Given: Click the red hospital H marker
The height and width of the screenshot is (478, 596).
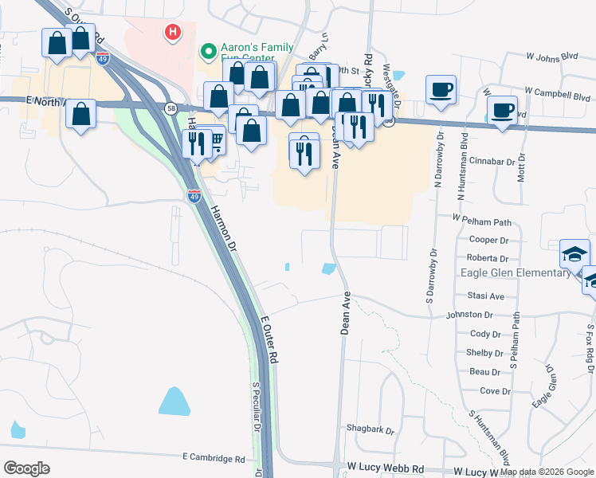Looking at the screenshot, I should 171,33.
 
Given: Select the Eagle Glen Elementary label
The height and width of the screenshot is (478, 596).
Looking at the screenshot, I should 516,272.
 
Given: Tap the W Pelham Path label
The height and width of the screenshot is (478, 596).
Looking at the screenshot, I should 481,217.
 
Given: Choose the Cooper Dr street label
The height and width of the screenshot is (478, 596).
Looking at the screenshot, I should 489,240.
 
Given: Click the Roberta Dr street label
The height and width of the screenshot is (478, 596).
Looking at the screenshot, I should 488,258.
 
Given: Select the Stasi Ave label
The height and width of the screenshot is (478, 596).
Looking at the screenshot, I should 486,296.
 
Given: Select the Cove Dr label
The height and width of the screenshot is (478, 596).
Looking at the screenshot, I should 495,390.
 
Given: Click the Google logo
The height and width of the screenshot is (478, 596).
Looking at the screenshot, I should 26,468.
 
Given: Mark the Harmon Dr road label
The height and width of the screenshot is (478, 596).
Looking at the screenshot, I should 223,226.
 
